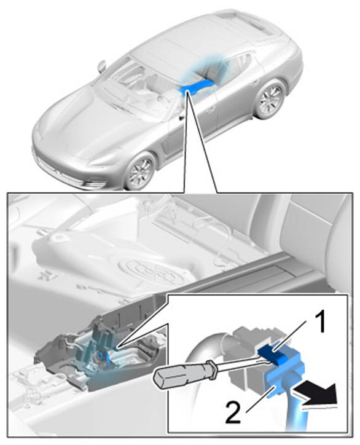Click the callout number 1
pyautogui.click(x=321, y=322)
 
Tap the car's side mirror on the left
pyautogui.click(x=101, y=67)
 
